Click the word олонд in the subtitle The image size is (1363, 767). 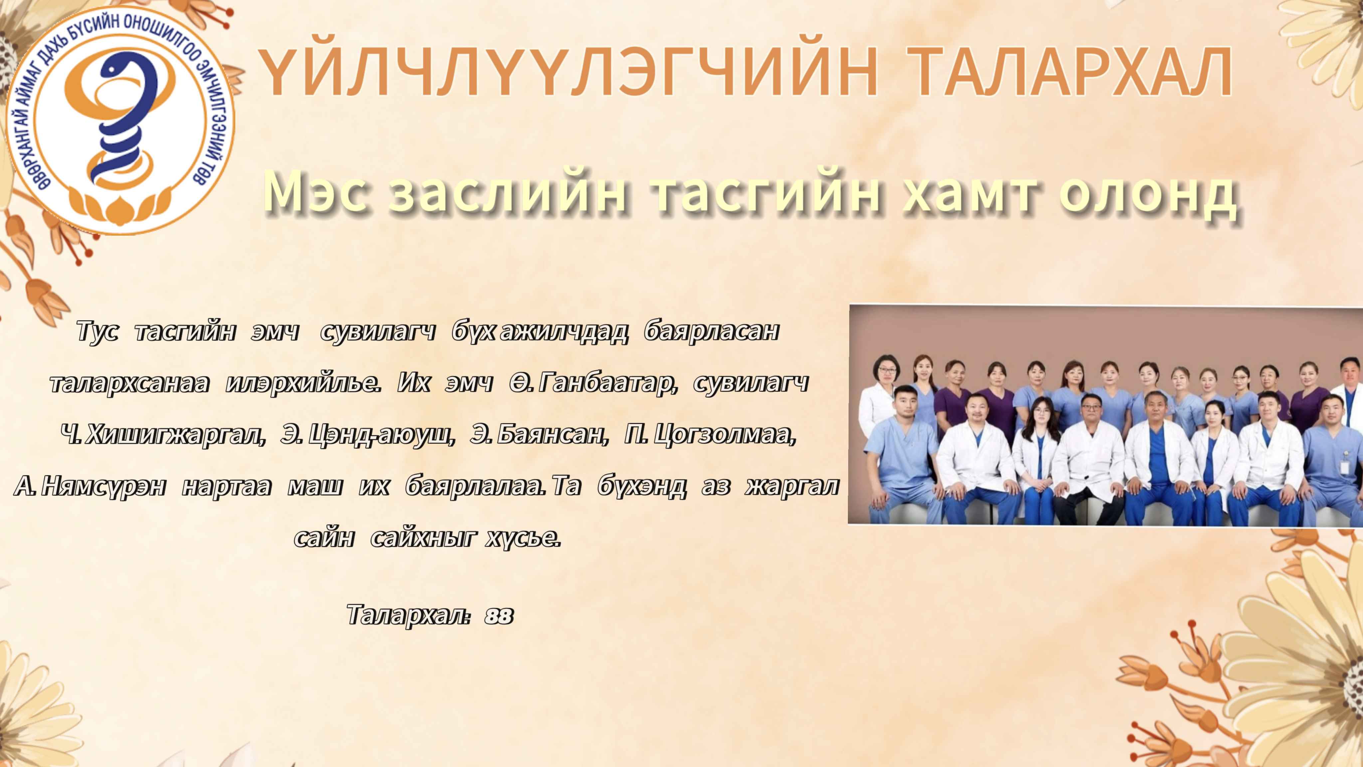pyautogui.click(x=1148, y=192)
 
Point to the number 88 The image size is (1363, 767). pyautogui.click(x=498, y=615)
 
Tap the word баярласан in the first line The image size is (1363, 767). pyautogui.click(x=712, y=331)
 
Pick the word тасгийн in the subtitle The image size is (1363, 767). pyautogui.click(x=768, y=192)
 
